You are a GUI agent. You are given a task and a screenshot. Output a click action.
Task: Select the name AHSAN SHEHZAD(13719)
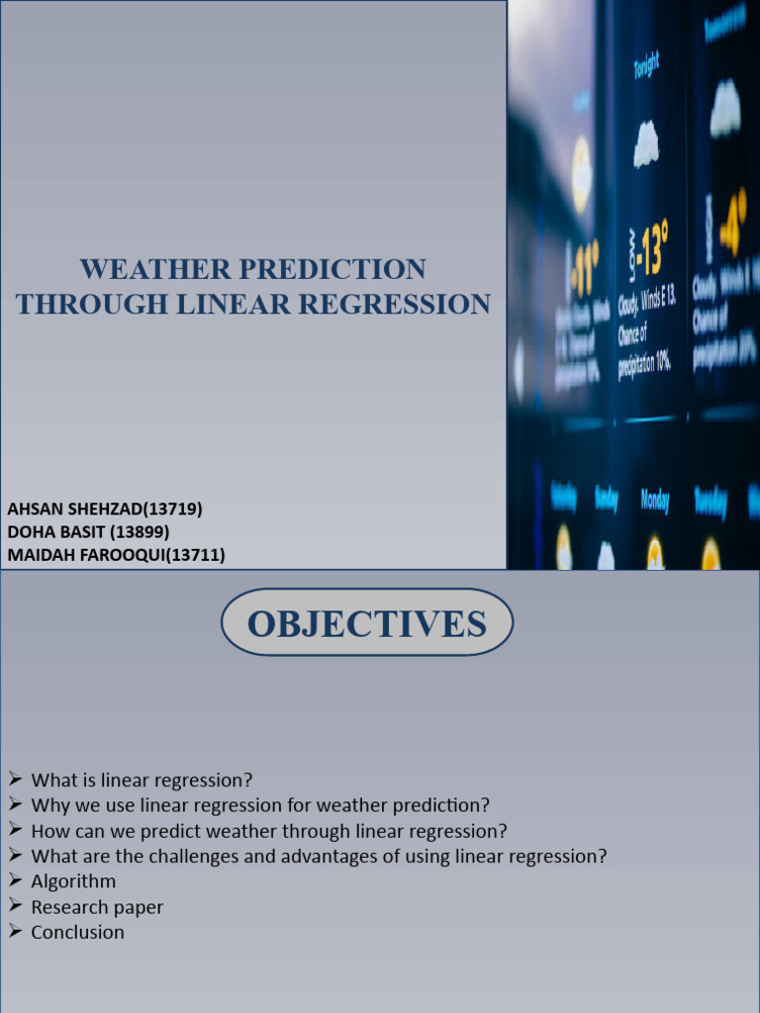[105, 509]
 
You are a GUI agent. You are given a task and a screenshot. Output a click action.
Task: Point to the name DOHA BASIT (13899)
[88, 532]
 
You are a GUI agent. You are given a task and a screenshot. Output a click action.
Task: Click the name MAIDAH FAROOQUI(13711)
[116, 555]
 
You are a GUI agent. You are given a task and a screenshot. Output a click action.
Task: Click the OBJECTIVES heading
[366, 624]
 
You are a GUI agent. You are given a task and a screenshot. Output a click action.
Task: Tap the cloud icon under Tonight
[646, 145]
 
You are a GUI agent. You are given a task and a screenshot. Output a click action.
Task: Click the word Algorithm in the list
[73, 881]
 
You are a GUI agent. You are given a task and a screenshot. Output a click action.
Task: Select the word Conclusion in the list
[78, 932]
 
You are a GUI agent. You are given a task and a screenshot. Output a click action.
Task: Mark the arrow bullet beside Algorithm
[15, 880]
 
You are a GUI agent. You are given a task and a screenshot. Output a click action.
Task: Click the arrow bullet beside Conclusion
[15, 931]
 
